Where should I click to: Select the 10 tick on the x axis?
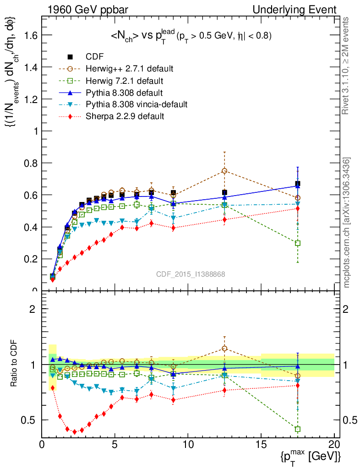pos(188,445)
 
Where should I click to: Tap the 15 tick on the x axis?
pos(261,445)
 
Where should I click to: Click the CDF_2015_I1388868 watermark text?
pos(191,274)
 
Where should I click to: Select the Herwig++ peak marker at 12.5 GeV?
pos(224,171)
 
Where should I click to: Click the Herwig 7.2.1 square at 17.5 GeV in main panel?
pos(298,243)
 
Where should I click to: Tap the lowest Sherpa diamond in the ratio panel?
pos(75,432)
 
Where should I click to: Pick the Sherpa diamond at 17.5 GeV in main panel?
pos(298,208)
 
